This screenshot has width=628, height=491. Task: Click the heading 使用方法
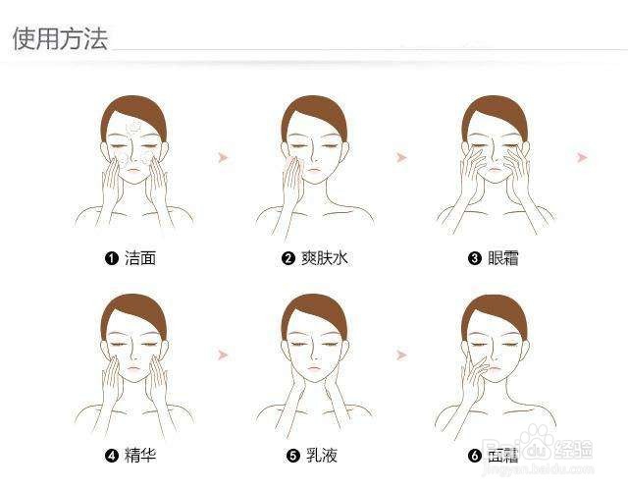click(59, 38)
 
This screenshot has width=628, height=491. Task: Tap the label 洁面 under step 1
click(139, 258)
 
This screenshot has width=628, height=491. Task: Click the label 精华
click(139, 455)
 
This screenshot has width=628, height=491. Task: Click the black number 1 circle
click(112, 258)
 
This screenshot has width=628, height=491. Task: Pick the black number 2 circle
click(288, 258)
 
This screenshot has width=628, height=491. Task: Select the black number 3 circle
click(475, 258)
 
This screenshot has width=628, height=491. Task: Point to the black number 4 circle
click(112, 455)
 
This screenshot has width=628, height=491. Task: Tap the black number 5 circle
click(292, 455)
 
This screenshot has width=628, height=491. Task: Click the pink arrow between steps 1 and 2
click(224, 157)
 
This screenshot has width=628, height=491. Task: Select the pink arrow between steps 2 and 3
click(401, 157)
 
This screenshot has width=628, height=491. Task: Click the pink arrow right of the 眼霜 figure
click(582, 157)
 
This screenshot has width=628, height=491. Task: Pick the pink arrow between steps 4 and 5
click(224, 354)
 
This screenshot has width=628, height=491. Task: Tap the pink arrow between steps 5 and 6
click(401, 354)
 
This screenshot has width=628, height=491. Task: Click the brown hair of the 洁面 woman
click(133, 110)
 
